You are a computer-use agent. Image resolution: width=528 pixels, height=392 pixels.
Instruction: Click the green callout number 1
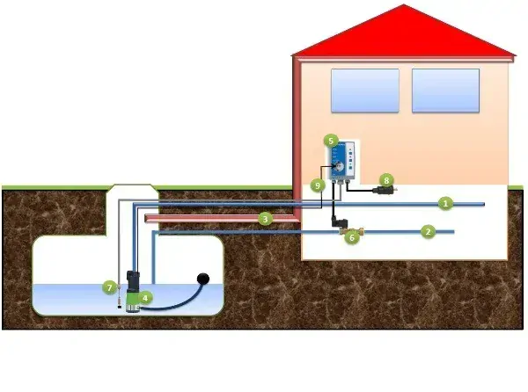(445, 203)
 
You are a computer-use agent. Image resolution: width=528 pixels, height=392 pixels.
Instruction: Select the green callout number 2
(428, 232)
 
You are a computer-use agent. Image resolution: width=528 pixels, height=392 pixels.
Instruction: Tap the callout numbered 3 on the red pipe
(266, 219)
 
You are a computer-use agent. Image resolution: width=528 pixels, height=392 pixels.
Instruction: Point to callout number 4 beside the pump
(145, 298)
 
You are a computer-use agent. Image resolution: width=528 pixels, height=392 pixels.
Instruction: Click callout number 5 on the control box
(331, 141)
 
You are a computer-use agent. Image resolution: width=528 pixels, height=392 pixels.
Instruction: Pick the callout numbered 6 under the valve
(352, 237)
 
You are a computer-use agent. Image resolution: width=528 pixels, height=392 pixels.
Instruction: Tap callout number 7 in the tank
(109, 287)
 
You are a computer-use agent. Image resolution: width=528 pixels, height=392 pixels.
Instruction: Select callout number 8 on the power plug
(386, 180)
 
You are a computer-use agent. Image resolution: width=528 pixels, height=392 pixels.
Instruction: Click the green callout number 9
(318, 185)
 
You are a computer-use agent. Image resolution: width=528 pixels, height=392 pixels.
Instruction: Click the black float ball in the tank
(203, 279)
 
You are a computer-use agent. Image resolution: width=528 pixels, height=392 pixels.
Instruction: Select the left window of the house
(365, 91)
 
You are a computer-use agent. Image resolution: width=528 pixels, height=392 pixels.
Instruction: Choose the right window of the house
(446, 91)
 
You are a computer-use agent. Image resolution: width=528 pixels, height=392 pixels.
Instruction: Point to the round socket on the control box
(338, 166)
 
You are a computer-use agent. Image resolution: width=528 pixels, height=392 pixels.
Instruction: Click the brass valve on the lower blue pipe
(351, 230)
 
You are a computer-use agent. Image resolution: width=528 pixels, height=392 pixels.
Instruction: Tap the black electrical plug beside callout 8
(384, 190)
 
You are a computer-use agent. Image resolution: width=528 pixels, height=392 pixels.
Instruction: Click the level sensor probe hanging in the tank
(119, 296)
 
